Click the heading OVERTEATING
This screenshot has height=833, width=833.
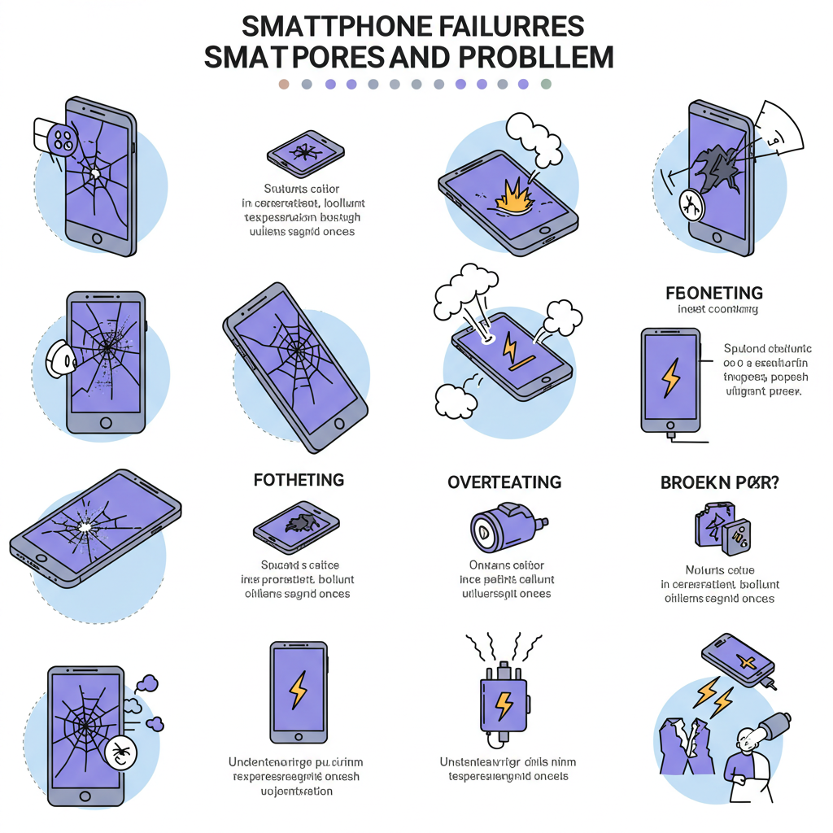pos(504,482)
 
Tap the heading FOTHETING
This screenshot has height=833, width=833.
pos(298,480)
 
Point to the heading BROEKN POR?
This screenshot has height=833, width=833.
pos(719,482)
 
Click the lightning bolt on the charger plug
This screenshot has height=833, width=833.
pos(504,705)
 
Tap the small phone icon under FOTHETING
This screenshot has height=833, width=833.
pos(296,526)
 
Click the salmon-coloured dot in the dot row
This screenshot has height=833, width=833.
pos(283,84)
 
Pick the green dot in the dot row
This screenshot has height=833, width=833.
pos(546,84)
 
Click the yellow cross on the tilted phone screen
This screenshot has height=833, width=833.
pos(743,661)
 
